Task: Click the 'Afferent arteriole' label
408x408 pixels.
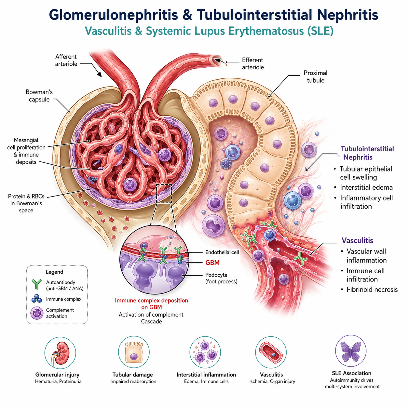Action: [x=66, y=60]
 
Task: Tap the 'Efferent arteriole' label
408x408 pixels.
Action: [x=253, y=63]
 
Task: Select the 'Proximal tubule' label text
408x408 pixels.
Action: [x=316, y=76]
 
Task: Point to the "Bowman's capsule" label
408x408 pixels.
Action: [x=39, y=96]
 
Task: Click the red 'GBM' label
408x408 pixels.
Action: [x=212, y=263]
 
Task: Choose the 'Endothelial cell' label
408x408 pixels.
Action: [x=222, y=252]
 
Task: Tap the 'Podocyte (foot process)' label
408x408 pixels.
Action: [x=221, y=278]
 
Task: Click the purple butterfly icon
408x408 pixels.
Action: [x=351, y=352]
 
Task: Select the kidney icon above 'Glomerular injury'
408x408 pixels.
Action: [x=60, y=353]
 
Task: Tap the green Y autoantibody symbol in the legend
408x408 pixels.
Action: [x=37, y=284]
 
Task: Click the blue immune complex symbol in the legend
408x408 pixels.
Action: [x=37, y=299]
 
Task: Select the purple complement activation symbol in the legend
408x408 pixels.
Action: [x=37, y=313]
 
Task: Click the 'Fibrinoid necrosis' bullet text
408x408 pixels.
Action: [x=372, y=290]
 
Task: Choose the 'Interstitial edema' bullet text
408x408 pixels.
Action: [x=366, y=187]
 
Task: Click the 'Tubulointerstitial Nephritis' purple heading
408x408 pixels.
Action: [x=367, y=153]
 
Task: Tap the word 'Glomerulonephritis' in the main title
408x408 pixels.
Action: [x=113, y=15]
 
